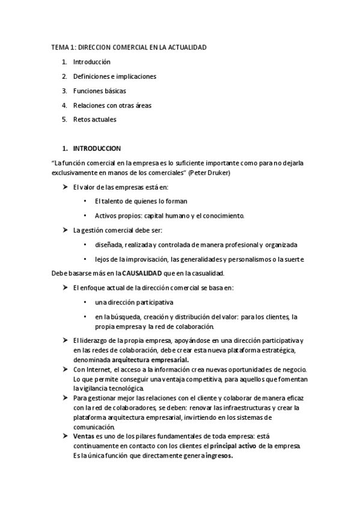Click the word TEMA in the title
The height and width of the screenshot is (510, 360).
pos(58,47)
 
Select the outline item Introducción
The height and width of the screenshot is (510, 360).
pos(91,62)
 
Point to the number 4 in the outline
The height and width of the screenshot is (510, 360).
pos(64,105)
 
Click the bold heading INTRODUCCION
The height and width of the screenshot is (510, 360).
pos(97,148)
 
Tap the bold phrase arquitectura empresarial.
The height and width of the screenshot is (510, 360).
pos(150,360)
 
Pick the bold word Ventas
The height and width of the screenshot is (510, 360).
pos(83,435)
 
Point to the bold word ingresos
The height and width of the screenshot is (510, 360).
pos(218,456)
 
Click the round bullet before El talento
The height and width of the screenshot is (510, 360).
pos(86,201)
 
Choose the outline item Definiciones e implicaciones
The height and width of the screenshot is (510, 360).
pos(114,76)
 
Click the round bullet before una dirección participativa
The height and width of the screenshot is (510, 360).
pos(86,302)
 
